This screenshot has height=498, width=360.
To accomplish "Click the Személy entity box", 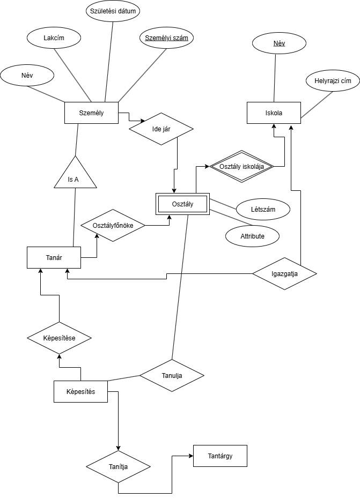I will [x=91, y=113].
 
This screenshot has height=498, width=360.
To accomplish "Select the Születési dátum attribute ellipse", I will [x=113, y=11].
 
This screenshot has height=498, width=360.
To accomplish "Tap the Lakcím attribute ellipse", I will [x=54, y=38].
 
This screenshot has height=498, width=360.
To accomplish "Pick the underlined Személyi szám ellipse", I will [x=166, y=38].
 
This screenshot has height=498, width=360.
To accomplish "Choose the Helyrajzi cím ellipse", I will [x=332, y=81].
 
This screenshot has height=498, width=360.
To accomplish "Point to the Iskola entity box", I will [x=274, y=113].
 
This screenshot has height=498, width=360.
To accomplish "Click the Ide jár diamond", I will [x=161, y=129].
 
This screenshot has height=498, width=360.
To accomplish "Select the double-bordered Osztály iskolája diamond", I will [x=241, y=166].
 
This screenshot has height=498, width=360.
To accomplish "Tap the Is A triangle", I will [x=75, y=177].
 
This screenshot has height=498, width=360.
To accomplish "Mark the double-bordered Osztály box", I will [x=182, y=204].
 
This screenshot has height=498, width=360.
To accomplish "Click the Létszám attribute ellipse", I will [x=263, y=209].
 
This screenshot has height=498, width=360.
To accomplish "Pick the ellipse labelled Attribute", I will [x=252, y=236].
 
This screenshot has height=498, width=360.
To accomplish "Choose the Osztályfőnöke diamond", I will [x=113, y=225].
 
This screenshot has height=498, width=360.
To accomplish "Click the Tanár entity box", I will [x=54, y=257].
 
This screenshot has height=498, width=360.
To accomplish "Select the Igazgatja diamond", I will [x=284, y=273].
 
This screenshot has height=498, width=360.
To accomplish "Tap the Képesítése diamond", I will [x=59, y=338].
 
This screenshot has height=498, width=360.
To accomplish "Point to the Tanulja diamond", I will [x=172, y=375].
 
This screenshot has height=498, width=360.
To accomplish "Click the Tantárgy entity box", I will [x=220, y=456].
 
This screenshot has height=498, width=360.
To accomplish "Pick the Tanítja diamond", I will [x=118, y=466].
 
